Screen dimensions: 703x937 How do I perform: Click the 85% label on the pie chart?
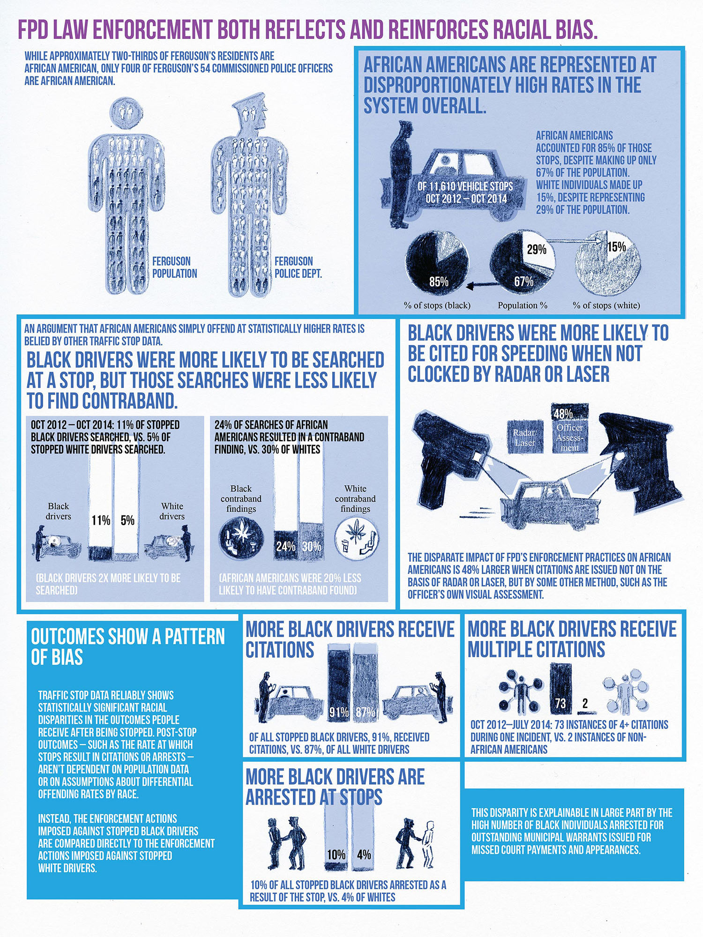[439, 282]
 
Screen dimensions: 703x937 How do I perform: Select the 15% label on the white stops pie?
[617, 246]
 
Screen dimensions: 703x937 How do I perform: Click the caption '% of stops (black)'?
[437, 305]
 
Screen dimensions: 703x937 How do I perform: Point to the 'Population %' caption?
[523, 305]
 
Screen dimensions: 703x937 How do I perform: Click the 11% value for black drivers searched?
[101, 521]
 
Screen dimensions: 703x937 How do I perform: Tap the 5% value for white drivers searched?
[127, 521]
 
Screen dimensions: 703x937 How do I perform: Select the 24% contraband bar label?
[285, 546]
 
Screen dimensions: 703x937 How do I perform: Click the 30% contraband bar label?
[311, 546]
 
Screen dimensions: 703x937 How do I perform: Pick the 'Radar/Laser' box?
[525, 437]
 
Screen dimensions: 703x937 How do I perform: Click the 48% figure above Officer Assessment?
[563, 414]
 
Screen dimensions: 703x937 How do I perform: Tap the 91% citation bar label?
[339, 712]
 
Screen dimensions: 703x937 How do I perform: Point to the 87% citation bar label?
[365, 712]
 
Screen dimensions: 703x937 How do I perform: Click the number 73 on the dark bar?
[561, 704]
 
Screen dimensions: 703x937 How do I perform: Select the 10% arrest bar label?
[336, 855]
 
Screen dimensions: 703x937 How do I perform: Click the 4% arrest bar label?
[364, 855]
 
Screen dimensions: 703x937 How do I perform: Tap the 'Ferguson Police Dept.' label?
[298, 267]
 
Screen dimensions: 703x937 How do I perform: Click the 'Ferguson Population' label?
[174, 267]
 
